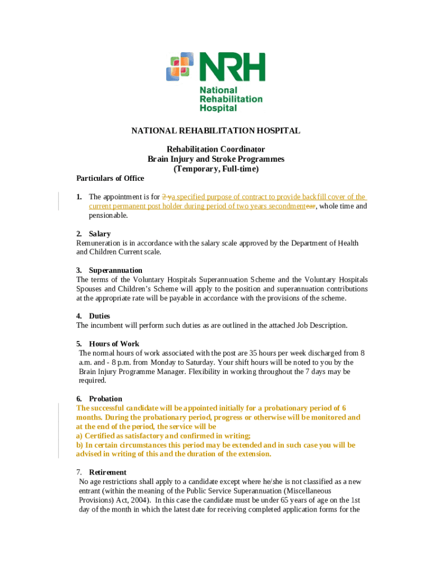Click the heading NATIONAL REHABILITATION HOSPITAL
click(x=216, y=131)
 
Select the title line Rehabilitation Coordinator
click(x=216, y=149)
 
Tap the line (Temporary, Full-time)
click(x=216, y=168)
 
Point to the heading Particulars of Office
click(x=110, y=179)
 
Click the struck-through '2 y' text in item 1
click(x=166, y=197)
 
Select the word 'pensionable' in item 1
click(x=108, y=216)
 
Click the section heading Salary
click(x=100, y=234)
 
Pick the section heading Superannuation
click(x=116, y=270)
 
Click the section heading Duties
click(x=99, y=316)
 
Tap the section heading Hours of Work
click(x=114, y=344)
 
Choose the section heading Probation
click(x=105, y=399)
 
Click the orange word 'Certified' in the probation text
click(x=102, y=436)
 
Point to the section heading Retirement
click(x=108, y=472)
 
